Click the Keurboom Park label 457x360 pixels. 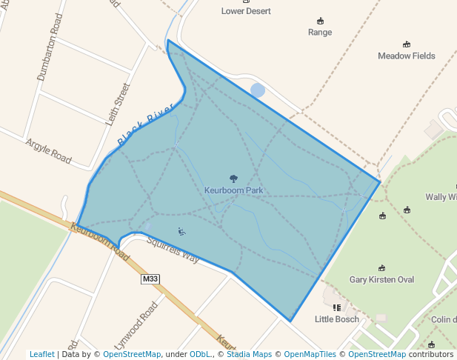click(x=233, y=190)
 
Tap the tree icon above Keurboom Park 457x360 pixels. click(x=233, y=179)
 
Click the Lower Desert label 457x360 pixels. click(x=246, y=11)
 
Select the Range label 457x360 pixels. click(x=320, y=33)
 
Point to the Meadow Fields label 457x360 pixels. click(x=406, y=56)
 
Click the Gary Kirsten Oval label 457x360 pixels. click(x=381, y=280)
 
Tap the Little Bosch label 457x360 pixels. click(x=337, y=319)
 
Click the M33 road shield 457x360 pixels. click(x=150, y=279)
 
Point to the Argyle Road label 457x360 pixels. click(x=48, y=150)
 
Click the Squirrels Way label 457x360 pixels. click(x=173, y=250)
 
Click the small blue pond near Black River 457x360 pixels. click(x=257, y=90)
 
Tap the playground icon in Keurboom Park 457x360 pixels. click(x=182, y=232)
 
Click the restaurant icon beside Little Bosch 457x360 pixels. click(x=337, y=307)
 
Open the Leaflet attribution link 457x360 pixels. click(x=42, y=354)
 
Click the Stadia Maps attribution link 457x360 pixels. click(x=248, y=354)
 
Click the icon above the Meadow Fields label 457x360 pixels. click(x=406, y=44)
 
